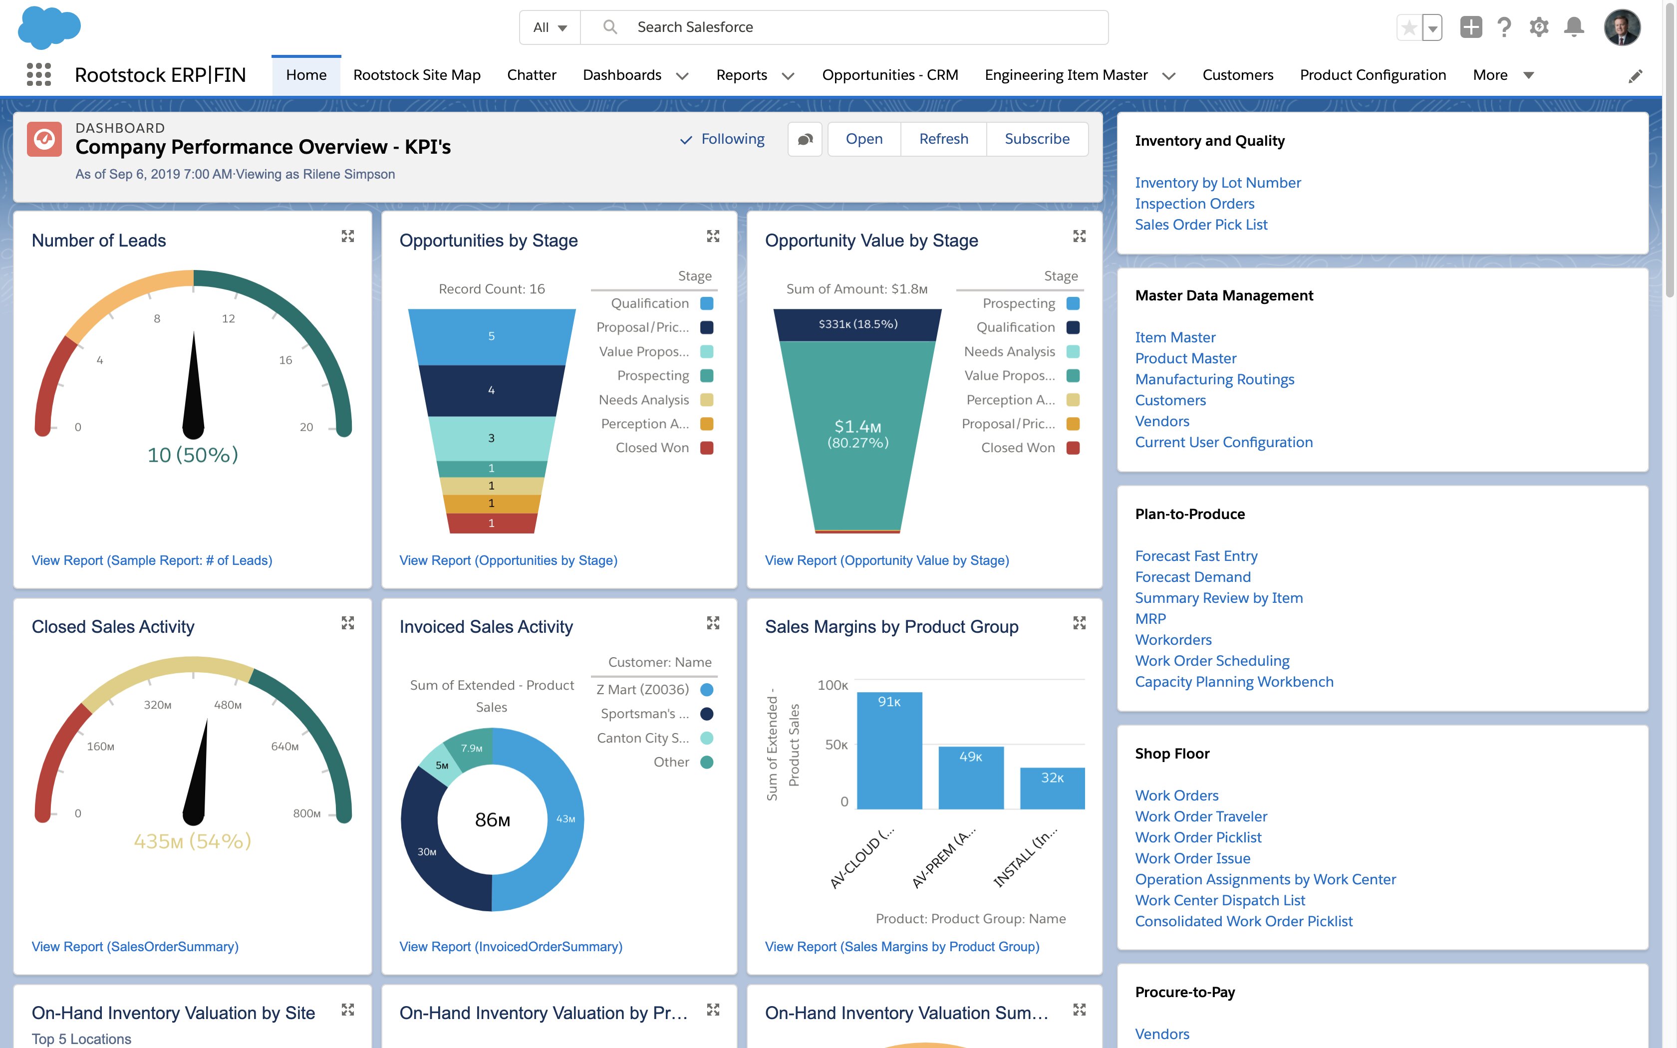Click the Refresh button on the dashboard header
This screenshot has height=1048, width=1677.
coord(943,139)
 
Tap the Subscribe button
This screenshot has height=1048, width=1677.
coord(1037,139)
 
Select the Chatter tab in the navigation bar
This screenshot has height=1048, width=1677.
coord(532,75)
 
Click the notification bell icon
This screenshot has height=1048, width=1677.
coord(1574,27)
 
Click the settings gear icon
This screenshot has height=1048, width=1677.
coord(1538,27)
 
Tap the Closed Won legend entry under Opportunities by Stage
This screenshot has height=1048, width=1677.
coord(653,448)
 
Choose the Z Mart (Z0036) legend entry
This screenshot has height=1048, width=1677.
coord(643,690)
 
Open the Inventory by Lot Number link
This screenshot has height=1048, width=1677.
coord(1217,183)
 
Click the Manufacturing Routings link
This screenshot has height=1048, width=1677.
coord(1214,380)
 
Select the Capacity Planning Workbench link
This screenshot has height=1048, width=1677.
coord(1233,682)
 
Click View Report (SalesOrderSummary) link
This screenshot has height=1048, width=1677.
coord(135,947)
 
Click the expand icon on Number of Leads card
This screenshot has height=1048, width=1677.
coord(348,237)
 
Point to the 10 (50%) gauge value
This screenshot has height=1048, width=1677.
coord(193,455)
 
